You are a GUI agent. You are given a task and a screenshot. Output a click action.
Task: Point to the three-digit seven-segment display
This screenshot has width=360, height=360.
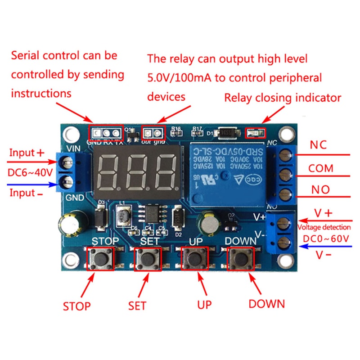pos(137,171)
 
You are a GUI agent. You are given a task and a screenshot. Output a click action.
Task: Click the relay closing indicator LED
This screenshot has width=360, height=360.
pos(255,133)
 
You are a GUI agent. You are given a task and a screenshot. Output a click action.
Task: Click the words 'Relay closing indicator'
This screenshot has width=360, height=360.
pos(283,98)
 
